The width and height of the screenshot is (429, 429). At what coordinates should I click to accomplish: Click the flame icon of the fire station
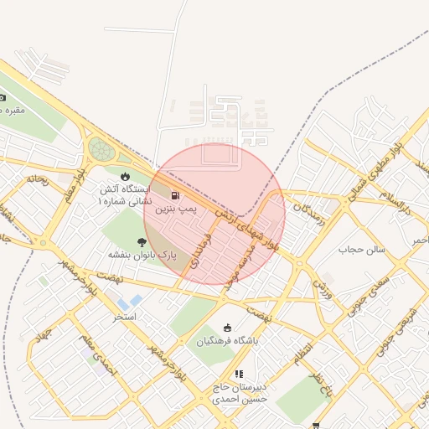[x=125, y=176]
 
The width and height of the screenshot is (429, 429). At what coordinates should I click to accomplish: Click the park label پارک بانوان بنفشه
[x=141, y=254]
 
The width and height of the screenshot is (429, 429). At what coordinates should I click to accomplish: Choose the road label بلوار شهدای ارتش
[x=247, y=225]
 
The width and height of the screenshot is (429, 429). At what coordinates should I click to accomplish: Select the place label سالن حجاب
[x=361, y=250]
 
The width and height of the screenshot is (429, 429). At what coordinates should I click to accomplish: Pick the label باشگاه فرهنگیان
[x=228, y=341]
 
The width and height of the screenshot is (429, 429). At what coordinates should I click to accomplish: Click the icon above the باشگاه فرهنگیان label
[x=227, y=328]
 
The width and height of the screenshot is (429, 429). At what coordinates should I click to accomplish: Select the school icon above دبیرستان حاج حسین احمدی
[x=239, y=374]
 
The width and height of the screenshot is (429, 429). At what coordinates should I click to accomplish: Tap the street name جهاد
[x=42, y=339]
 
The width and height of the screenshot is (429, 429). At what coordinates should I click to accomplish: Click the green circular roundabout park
[x=101, y=150]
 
